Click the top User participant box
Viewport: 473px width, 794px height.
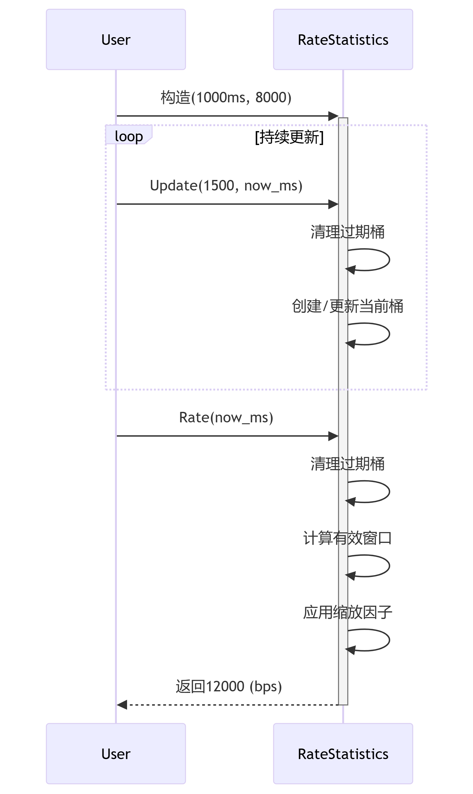pos(116,40)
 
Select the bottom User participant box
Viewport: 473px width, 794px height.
pos(116,753)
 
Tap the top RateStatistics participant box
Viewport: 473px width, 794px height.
pos(343,40)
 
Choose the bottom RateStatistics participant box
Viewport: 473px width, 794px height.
pos(343,753)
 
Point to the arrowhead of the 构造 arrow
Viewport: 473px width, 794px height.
pos(333,116)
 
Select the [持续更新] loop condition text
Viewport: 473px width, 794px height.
pos(289,137)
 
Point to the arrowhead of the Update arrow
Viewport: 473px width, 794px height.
pos(333,204)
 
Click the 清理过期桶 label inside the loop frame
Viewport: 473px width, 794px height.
pos(347,232)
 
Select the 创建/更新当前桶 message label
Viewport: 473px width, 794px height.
pos(347,306)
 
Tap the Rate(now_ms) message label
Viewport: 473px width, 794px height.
pos(226,417)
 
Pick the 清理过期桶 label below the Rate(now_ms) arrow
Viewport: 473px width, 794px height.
pos(347,463)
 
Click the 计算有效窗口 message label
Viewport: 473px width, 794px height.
pos(347,538)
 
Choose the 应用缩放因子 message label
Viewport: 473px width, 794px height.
pos(347,612)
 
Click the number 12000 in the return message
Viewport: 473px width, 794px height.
pos(225,686)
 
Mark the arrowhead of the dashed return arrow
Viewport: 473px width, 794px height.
pos(122,705)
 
